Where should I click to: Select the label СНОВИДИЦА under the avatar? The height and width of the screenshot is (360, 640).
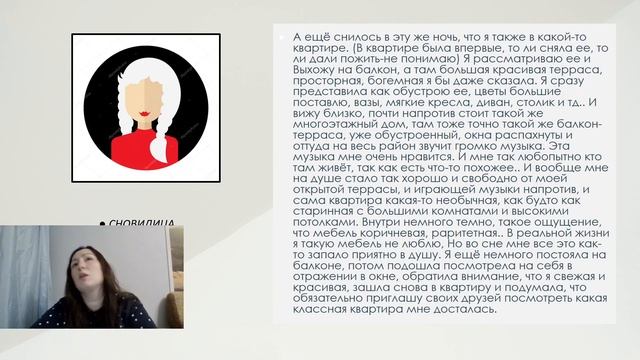(x=144, y=222)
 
